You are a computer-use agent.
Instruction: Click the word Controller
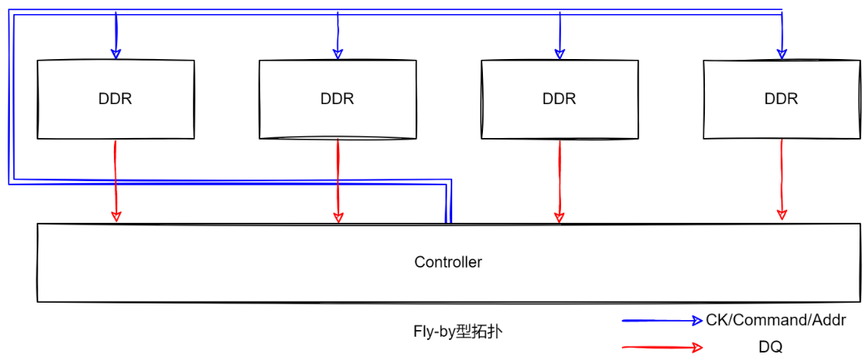pos(448,262)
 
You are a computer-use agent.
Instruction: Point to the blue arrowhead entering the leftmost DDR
pos(116,53)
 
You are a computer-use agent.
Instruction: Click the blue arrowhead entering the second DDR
pos(337,53)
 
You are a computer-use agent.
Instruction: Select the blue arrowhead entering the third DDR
pos(559,53)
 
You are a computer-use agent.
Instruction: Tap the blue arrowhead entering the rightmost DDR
pos(781,53)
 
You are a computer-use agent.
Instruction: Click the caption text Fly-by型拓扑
pos(457,331)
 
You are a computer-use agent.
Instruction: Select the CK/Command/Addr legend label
pos(776,319)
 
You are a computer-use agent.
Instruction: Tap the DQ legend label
pos(770,347)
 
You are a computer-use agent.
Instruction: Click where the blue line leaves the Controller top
pos(448,221)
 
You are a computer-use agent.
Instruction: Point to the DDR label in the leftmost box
pos(115,98)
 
